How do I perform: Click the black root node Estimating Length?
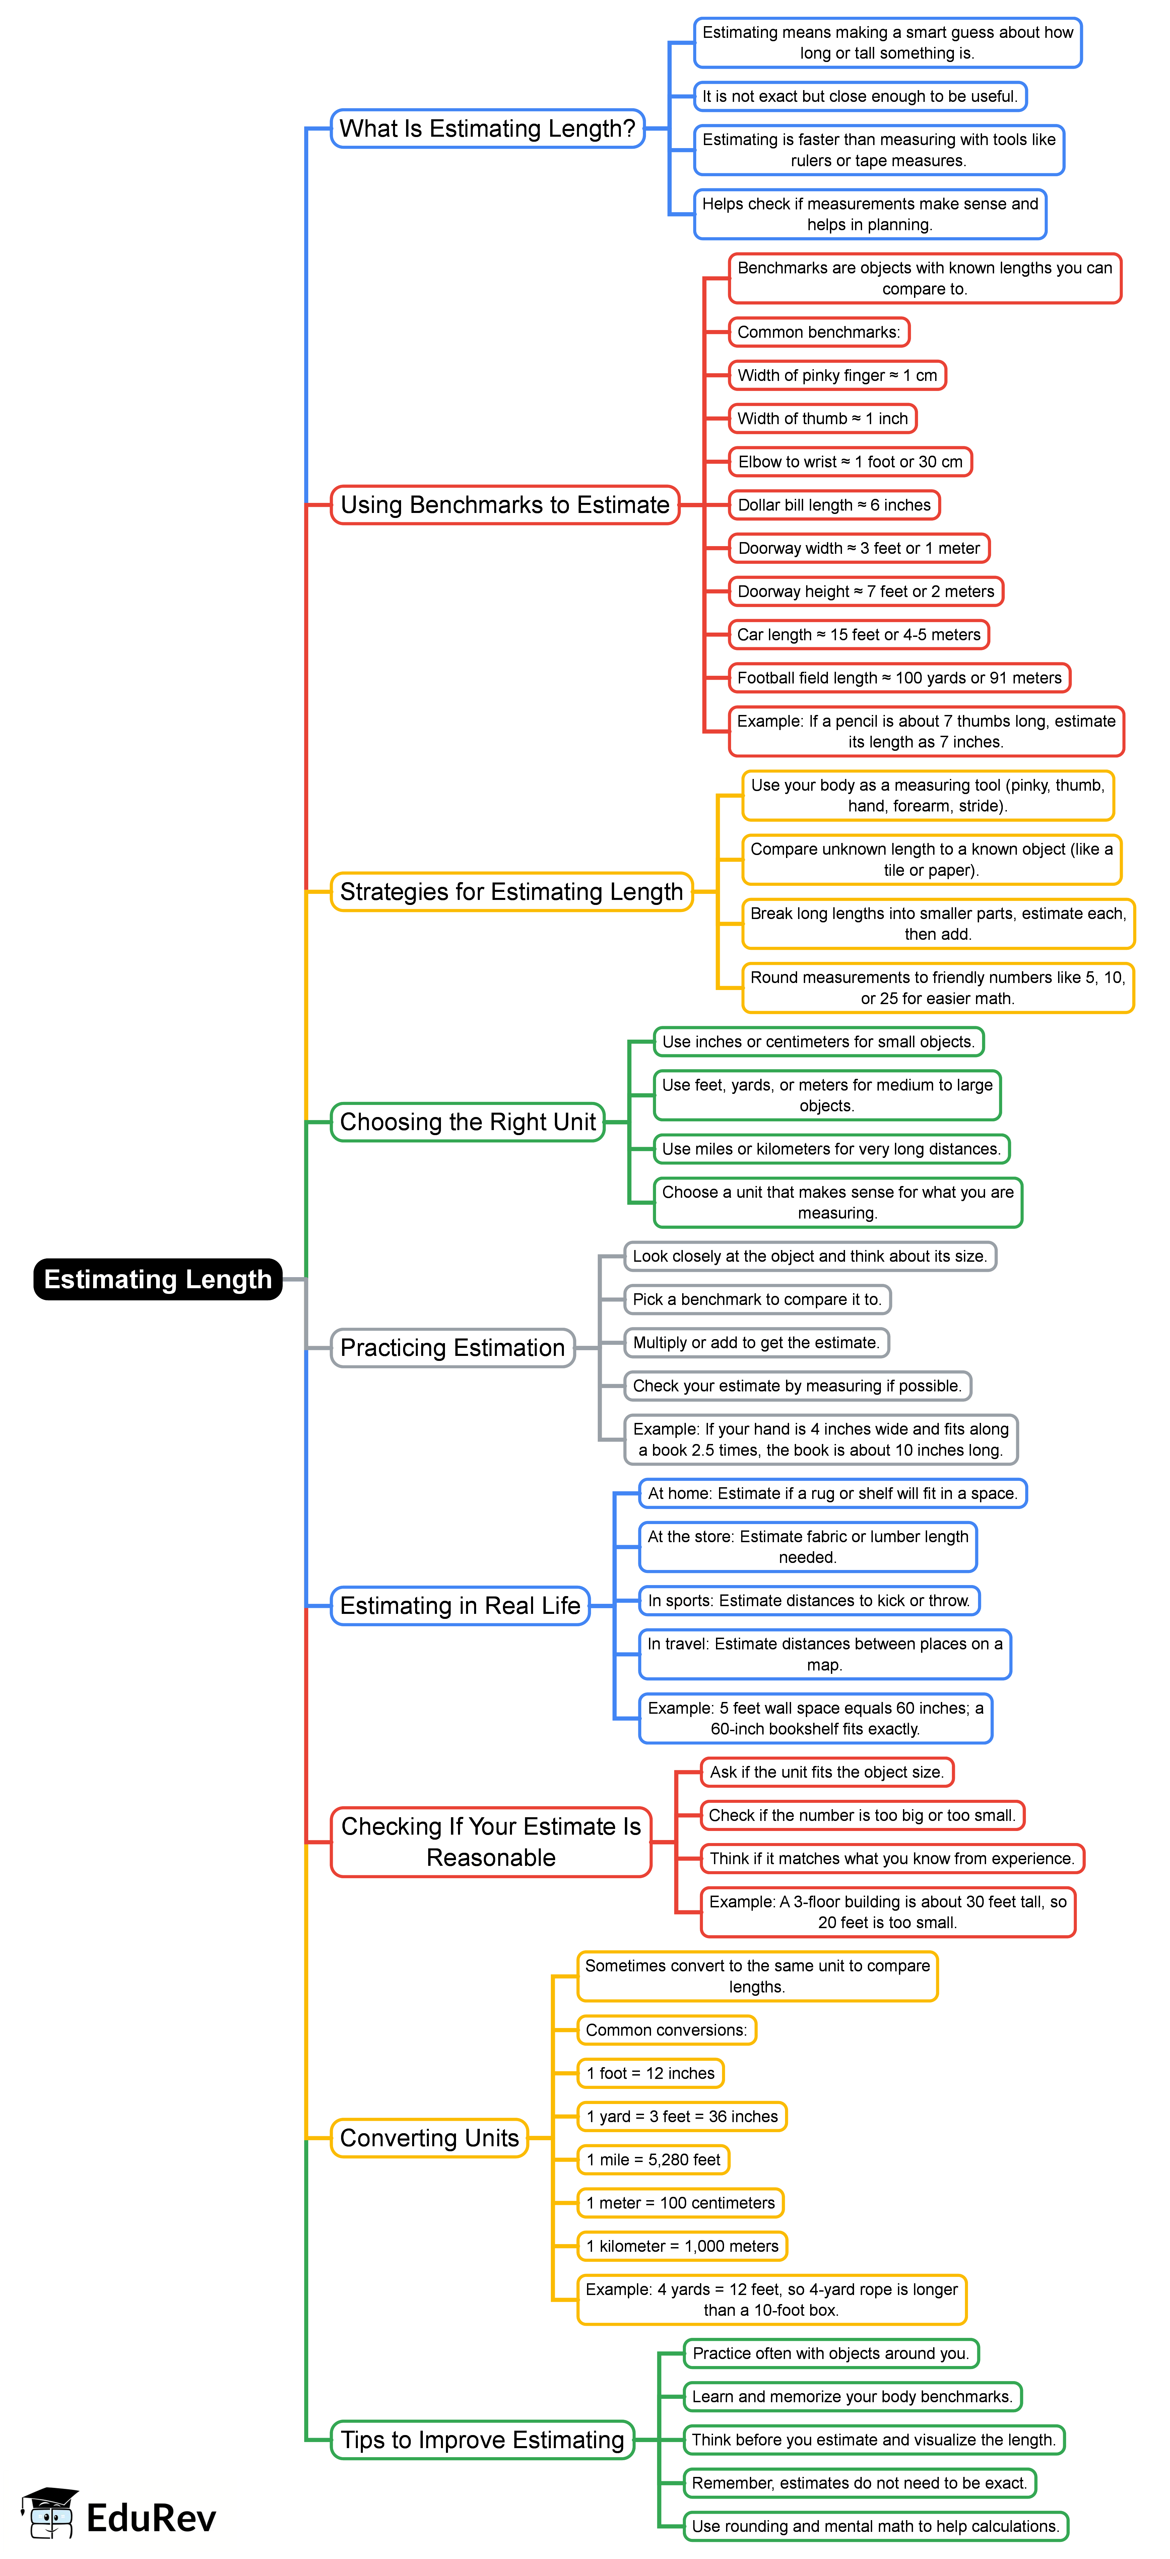coord(158,1278)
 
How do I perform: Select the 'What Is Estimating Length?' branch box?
coord(487,128)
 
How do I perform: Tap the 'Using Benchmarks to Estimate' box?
coord(505,505)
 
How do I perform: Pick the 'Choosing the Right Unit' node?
coord(468,1122)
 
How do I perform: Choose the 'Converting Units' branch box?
coord(429,2137)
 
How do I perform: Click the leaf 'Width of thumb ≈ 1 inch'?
coord(822,418)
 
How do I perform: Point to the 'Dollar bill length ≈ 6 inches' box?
coord(834,505)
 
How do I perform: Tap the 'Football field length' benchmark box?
coord(899,677)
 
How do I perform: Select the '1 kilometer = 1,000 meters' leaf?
coord(682,2245)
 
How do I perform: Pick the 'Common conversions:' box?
coord(666,2030)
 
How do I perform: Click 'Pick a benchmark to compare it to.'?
coord(757,1298)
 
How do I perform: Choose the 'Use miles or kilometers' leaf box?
coord(830,1149)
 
